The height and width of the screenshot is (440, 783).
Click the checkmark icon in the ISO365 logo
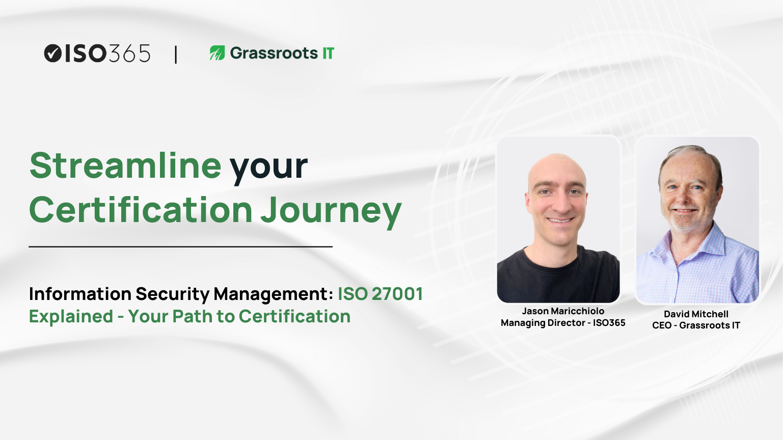pyautogui.click(x=52, y=53)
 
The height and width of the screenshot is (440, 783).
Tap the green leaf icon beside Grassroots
pyautogui.click(x=217, y=53)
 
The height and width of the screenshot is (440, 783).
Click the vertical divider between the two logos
pyautogui.click(x=176, y=54)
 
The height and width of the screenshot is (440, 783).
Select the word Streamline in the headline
pyautogui.click(x=125, y=166)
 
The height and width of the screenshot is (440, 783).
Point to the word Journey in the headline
pyautogui.click(x=331, y=211)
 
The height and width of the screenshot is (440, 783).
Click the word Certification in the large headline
pyautogui.click(x=141, y=210)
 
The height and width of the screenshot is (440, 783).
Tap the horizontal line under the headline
pyautogui.click(x=180, y=246)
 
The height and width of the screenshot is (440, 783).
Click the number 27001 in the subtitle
pyautogui.click(x=397, y=294)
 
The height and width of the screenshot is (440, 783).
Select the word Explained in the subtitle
pyautogui.click(x=71, y=316)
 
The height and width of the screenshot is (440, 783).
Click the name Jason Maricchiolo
pyautogui.click(x=563, y=311)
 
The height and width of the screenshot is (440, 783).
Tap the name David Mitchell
pyautogui.click(x=696, y=314)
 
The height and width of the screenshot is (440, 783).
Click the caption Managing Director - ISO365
pyautogui.click(x=563, y=323)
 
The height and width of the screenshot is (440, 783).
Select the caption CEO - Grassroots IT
pyautogui.click(x=696, y=325)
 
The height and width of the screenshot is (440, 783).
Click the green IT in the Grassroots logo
pyautogui.click(x=328, y=53)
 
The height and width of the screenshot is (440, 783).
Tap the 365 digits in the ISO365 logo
pyautogui.click(x=129, y=53)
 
